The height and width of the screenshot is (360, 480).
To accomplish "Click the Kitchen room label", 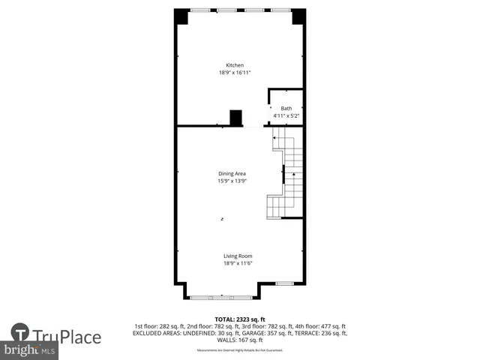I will tap(235, 65).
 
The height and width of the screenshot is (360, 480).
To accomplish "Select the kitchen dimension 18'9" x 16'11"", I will tap(235, 73).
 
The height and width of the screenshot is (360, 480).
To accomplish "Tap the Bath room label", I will tap(286, 109).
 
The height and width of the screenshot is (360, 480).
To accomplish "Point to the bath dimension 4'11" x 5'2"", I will tap(286, 116).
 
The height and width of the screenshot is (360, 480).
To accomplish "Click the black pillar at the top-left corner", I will tap(181, 16).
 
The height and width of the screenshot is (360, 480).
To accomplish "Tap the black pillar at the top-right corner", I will tap(298, 16).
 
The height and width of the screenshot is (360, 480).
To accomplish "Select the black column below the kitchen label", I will tap(236, 118).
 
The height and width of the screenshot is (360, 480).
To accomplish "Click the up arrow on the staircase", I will tap(293, 178).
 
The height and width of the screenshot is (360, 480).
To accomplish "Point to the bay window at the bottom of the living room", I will tap(222, 298).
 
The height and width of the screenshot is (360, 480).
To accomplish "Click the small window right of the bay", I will tap(284, 283).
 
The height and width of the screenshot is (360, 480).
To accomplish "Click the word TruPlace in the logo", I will tap(67, 337).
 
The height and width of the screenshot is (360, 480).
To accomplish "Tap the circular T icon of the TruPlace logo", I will tap(20, 334).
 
